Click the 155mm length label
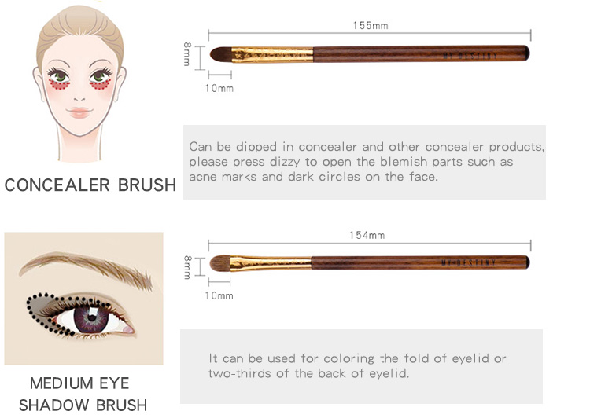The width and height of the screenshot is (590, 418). click(x=371, y=25)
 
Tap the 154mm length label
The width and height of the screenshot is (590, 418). click(x=367, y=235)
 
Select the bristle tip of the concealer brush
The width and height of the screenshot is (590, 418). click(x=220, y=54)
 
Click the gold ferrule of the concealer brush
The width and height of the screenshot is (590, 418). click(x=272, y=55)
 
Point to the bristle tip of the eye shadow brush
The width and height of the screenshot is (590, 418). click(x=220, y=263)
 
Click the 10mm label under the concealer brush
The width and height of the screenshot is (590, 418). click(x=219, y=88)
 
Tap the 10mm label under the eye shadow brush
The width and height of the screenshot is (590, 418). click(x=219, y=296)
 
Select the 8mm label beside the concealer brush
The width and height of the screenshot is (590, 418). click(x=187, y=54)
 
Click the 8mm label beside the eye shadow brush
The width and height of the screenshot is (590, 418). click(x=187, y=267)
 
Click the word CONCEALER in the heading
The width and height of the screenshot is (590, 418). click(x=57, y=185)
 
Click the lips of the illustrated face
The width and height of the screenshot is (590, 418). click(x=79, y=112)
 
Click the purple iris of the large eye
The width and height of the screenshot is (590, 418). click(x=90, y=319)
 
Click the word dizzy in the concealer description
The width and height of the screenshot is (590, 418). click(x=285, y=162)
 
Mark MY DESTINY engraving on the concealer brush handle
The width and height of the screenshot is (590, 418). click(x=470, y=57)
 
